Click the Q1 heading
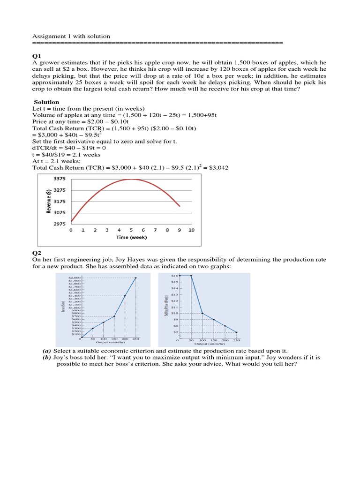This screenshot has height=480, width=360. click(x=37, y=55)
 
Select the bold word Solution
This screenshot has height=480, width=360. click(x=46, y=102)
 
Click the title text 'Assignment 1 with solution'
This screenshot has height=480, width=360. click(x=71, y=36)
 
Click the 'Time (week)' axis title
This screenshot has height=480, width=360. click(x=131, y=237)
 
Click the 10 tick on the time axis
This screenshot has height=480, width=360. click(x=191, y=230)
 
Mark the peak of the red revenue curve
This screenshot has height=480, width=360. click(x=131, y=179)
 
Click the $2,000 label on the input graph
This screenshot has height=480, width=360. click(x=75, y=277)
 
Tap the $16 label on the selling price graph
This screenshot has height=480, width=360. click(x=175, y=276)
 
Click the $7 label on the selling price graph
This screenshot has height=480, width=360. click(x=175, y=332)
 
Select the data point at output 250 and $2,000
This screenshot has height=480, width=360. click(x=136, y=277)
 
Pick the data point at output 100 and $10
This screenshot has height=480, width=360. click(x=202, y=313)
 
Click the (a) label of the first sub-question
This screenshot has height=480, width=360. click(x=46, y=351)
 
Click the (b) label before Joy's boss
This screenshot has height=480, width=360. click(x=46, y=357)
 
